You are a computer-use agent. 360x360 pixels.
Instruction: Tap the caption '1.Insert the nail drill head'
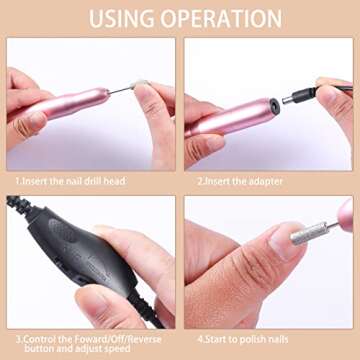click(70, 182)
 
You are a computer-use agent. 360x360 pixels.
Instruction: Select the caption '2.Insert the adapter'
click(239, 182)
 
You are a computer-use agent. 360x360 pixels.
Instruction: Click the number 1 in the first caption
click(17, 182)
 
